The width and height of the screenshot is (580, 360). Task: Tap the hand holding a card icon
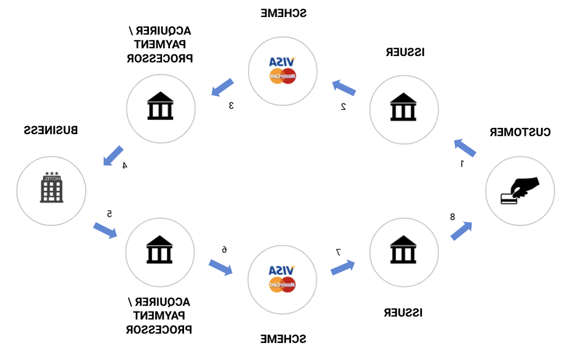pos(519,190)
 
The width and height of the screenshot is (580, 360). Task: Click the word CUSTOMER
pos(520,132)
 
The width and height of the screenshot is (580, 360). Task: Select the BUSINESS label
pos(51,130)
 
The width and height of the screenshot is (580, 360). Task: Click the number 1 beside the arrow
pos(462,164)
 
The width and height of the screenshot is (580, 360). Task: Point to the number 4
pos(125,165)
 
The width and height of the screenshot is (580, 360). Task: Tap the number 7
pos(338,252)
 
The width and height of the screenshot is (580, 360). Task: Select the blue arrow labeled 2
pos(344,87)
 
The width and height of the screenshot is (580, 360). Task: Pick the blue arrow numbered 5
pos(105,230)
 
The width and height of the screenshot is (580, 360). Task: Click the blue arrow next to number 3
pos(222,87)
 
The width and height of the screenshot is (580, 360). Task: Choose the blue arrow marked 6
pos(220,267)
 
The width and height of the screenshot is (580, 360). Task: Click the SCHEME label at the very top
pos(283,12)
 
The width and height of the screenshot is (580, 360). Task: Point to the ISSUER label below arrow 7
pos(404,312)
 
